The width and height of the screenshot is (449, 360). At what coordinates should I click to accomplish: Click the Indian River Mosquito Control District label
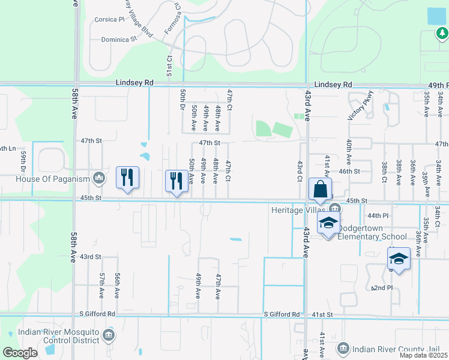(58, 336)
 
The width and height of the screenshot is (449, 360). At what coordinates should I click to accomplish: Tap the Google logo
(19, 353)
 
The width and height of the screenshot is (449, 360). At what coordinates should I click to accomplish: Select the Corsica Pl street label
(109, 19)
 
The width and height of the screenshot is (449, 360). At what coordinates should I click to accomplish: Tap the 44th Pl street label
(379, 215)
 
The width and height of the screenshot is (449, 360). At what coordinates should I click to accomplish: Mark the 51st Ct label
(169, 64)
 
